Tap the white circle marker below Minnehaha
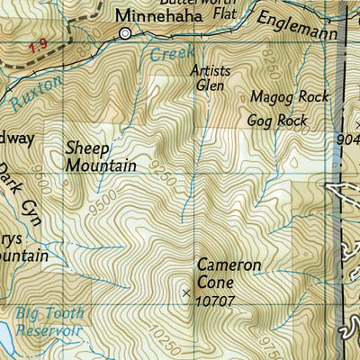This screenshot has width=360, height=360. click(125, 33)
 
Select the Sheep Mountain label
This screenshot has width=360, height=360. click(100, 157)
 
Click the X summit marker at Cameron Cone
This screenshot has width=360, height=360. click(186, 293)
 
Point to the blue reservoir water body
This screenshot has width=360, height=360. click(4, 337)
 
